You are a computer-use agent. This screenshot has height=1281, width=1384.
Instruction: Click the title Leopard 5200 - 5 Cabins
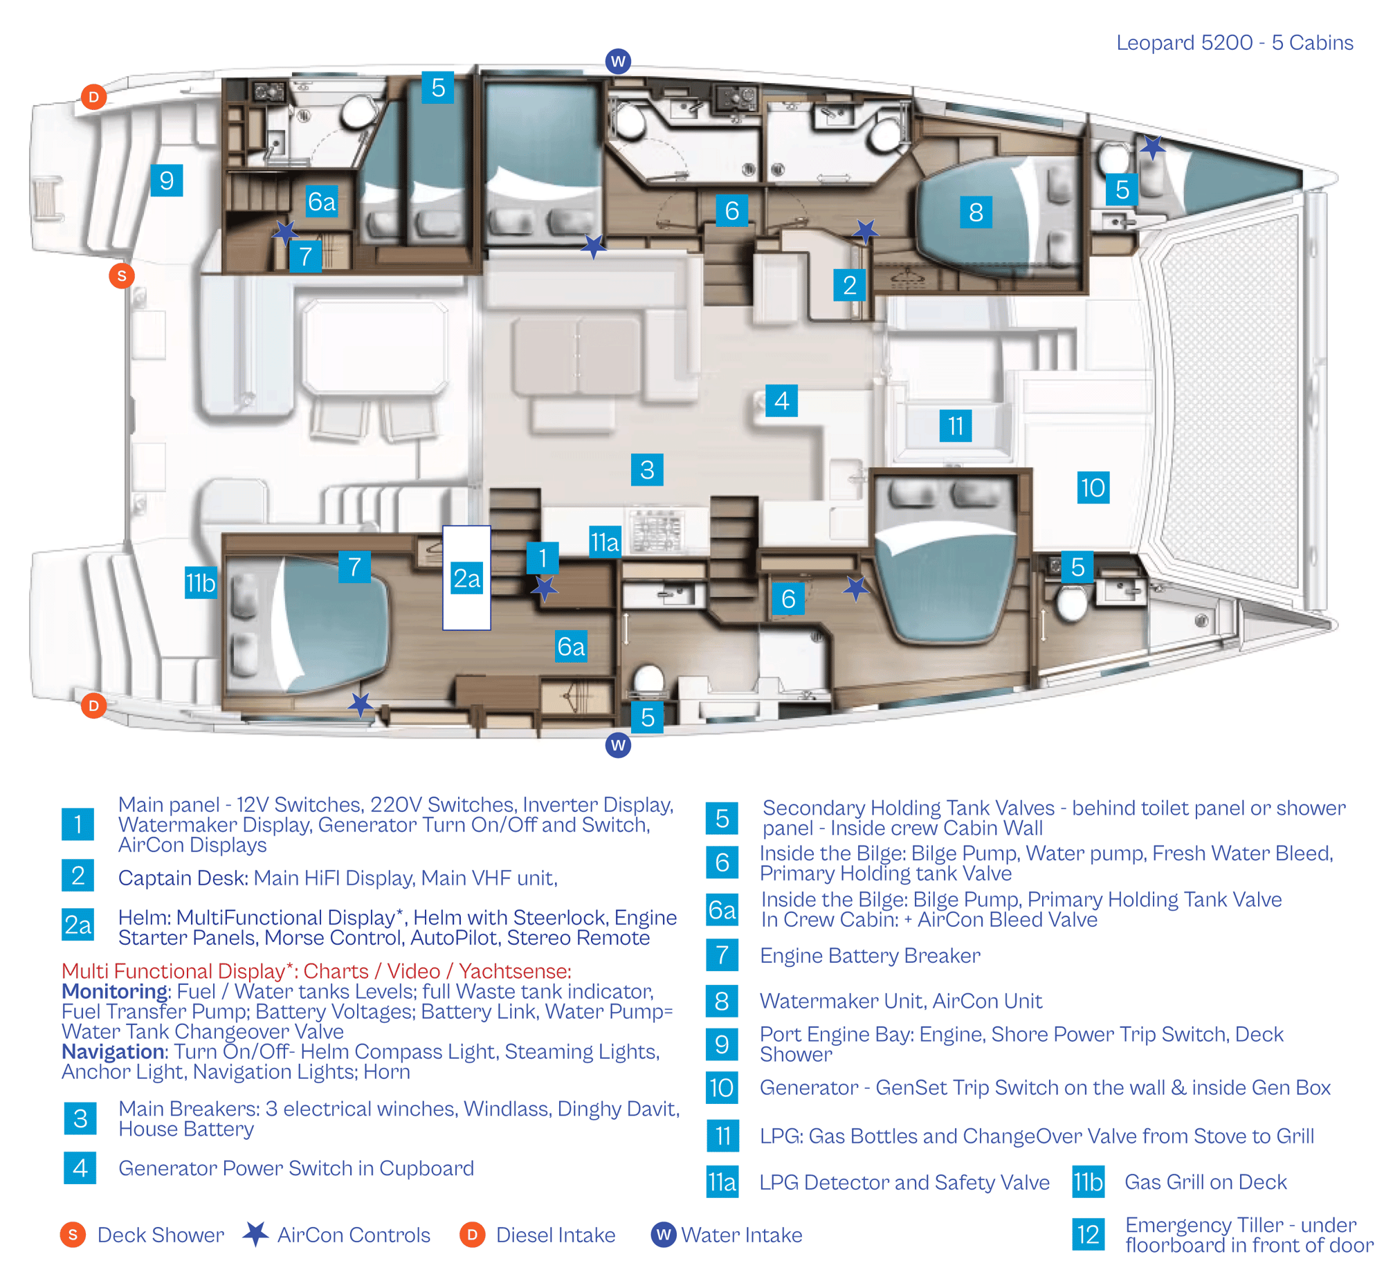(1235, 43)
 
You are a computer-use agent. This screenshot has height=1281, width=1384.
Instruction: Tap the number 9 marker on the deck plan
(166, 181)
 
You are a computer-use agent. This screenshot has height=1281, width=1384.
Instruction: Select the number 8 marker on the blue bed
(976, 212)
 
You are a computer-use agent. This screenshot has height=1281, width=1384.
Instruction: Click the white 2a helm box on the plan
(466, 578)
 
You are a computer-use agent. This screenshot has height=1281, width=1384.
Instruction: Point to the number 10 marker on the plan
(1093, 488)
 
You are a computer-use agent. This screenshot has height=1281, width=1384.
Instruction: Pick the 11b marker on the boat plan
(201, 582)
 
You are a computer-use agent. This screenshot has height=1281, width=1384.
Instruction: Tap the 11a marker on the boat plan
(605, 542)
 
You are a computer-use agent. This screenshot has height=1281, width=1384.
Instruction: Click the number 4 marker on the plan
(781, 400)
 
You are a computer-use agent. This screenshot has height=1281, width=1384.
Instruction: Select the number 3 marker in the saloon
(647, 470)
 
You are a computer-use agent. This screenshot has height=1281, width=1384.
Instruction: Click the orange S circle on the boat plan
(122, 276)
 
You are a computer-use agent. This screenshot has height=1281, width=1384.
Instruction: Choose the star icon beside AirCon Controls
(256, 1234)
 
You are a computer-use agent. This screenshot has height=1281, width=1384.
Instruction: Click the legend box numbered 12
(1088, 1235)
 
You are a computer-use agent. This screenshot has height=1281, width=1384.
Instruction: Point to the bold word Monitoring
(114, 991)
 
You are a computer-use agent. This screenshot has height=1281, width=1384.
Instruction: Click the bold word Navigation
(113, 1051)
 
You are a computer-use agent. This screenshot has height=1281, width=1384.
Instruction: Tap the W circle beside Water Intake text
(664, 1235)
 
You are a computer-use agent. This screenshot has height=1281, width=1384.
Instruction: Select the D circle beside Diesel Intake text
(472, 1235)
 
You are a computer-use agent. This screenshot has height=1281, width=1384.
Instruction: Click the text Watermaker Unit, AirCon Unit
(901, 1001)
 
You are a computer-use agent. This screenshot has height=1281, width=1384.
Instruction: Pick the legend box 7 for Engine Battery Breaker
(722, 955)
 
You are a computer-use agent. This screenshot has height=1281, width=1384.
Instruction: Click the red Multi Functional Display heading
(316, 971)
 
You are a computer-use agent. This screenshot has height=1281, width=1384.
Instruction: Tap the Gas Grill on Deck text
(1205, 1182)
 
